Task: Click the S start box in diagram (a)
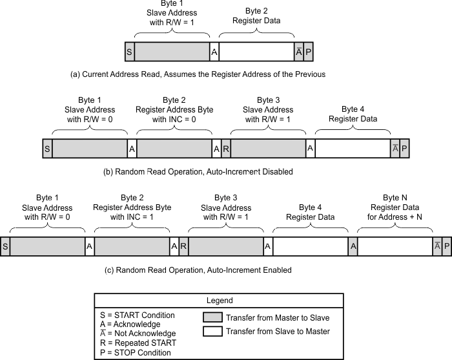130,52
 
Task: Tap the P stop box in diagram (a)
308,52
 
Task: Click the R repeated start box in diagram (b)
226,149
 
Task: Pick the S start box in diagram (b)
47,149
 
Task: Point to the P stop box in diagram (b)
404,149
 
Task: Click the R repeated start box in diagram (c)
184,246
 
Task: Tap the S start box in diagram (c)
5,246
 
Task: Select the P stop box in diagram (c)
446,246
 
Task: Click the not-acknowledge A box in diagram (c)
437,246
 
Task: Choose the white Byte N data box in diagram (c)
395,246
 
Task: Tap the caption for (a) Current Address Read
198,74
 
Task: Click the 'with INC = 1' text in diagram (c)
132,217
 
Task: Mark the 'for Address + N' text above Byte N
395,217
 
